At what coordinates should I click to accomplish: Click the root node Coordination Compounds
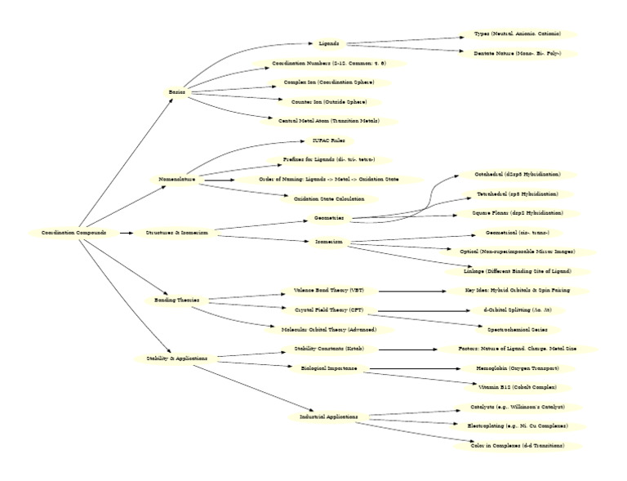point(73,233)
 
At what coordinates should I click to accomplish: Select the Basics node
point(177,92)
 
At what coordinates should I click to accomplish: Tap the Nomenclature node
point(177,179)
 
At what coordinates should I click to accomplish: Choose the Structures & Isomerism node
point(177,233)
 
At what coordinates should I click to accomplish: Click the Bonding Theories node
point(177,301)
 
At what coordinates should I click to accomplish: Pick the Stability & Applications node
point(177,358)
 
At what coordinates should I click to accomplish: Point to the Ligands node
point(329,43)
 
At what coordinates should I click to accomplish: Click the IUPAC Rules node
point(329,140)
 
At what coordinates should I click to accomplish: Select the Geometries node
point(329,218)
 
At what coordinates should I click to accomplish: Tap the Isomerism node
point(329,242)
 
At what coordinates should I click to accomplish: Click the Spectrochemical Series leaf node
point(518,329)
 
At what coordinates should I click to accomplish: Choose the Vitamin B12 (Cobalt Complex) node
point(518,386)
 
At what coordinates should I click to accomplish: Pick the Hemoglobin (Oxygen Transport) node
point(518,368)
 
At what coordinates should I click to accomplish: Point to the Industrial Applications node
point(329,416)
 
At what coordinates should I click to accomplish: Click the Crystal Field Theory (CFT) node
point(329,310)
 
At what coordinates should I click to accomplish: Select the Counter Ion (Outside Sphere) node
point(329,102)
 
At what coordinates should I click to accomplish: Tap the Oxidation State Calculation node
point(329,198)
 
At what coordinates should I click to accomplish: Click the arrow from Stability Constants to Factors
point(408,349)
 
